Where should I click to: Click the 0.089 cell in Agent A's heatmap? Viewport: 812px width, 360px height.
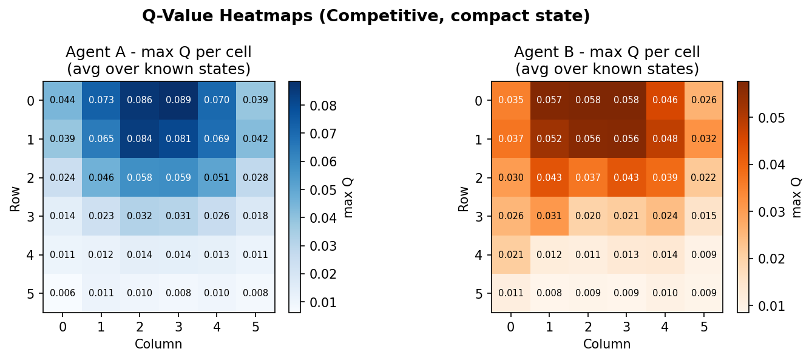point(178,100)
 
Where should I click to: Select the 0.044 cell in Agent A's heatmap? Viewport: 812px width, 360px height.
point(63,100)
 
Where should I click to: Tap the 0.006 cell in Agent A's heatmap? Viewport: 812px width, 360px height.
point(63,293)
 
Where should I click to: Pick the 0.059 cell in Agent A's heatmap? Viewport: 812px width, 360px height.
point(178,178)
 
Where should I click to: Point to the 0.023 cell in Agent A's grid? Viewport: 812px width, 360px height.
point(101,216)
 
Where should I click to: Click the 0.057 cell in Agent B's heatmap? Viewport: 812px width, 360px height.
point(549,100)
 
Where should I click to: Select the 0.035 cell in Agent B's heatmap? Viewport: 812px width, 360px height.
point(510,100)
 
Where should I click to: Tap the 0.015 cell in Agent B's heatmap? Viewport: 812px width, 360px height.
point(703,216)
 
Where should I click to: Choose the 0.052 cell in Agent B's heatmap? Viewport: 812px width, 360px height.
point(549,139)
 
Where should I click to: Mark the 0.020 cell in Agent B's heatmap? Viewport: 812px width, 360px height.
point(587,216)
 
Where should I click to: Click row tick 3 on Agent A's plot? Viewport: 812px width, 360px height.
point(30,216)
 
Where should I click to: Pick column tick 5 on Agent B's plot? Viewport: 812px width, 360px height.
point(703,327)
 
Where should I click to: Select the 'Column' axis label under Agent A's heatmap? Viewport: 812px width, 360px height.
point(158,344)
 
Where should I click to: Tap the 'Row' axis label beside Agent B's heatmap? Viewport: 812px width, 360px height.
point(464,197)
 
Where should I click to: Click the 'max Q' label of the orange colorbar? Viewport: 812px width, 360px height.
point(796,197)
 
